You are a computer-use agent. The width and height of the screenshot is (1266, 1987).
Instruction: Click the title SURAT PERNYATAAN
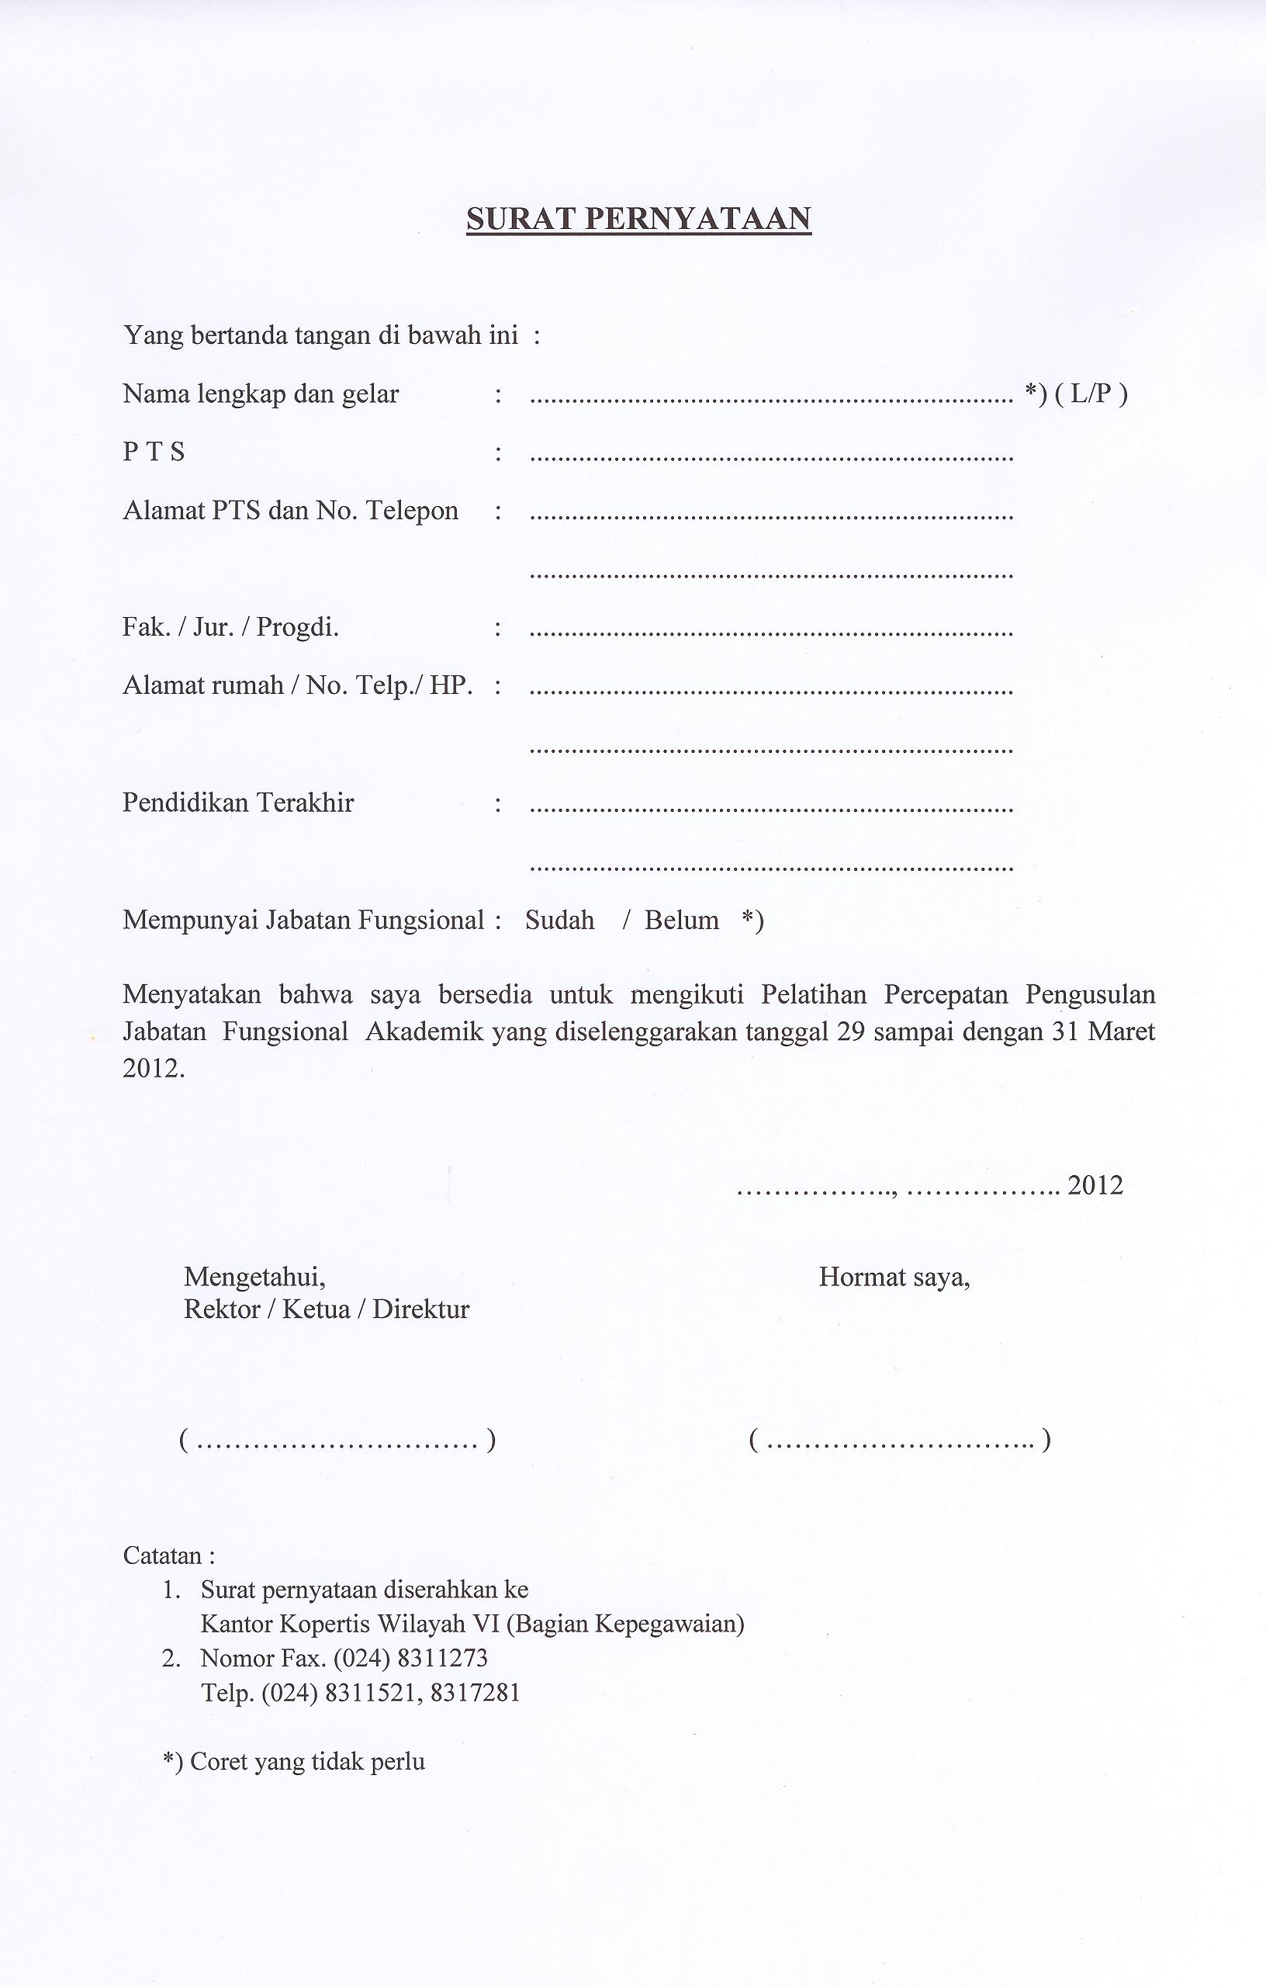638,218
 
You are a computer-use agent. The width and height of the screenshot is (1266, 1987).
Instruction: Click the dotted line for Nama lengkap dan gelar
770,400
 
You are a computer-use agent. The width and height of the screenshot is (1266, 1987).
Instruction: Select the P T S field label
154,453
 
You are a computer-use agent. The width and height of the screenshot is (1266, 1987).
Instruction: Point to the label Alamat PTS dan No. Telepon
290,511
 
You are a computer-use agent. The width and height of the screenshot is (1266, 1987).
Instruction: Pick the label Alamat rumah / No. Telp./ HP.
297,685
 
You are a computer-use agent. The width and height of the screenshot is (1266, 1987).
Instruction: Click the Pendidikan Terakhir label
237,803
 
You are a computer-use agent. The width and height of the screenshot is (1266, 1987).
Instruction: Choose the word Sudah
559,920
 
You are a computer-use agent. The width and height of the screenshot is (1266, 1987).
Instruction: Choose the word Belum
681,920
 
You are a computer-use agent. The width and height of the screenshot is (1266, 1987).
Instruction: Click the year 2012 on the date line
1095,1186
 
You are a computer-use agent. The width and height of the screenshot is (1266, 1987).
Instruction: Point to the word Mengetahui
254,1278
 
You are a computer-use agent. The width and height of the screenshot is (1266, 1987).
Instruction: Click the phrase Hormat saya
894,1278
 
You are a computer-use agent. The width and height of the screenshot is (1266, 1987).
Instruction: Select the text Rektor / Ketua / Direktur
326,1309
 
